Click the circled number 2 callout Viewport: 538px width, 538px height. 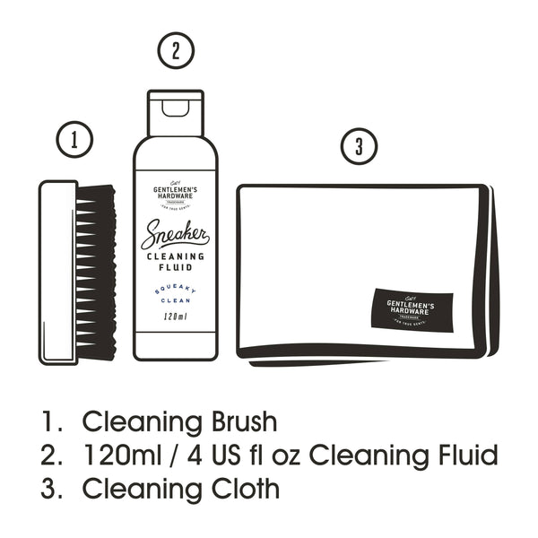[176, 50]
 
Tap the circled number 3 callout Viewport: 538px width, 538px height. [359, 147]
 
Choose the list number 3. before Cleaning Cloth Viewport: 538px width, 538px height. [51, 490]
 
